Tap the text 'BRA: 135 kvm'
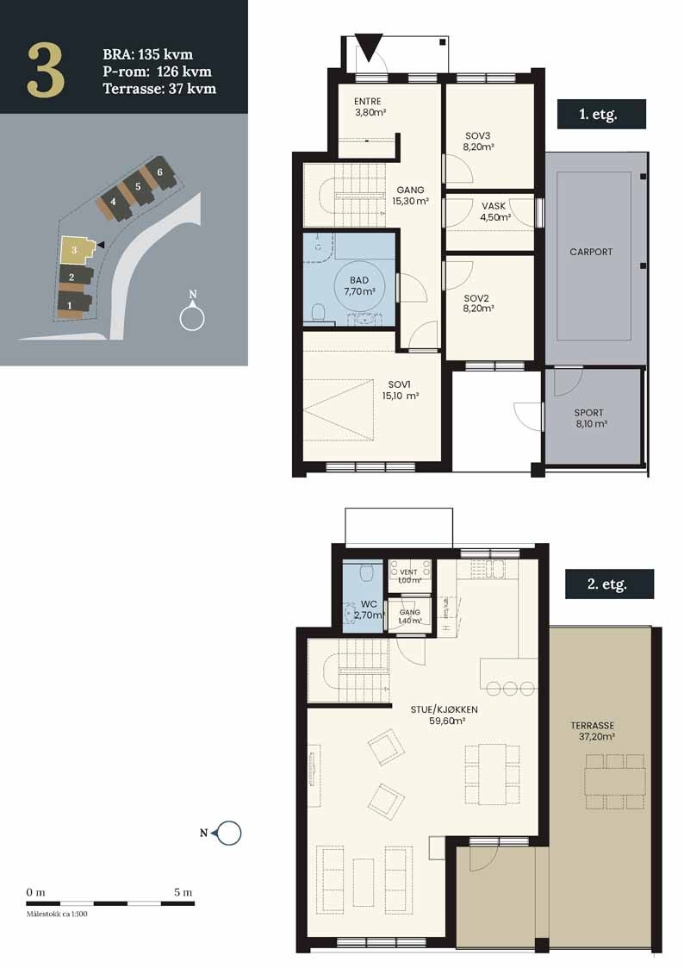coord(147,56)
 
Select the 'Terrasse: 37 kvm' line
coord(159,88)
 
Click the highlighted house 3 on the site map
coord(76,250)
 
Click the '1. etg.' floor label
coord(600,114)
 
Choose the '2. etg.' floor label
coord(608,584)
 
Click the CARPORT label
coord(591,252)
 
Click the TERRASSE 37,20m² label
coord(597,731)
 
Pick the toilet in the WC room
coord(365,570)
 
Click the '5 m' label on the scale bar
coord(182,891)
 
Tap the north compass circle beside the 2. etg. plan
coord(230,833)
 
